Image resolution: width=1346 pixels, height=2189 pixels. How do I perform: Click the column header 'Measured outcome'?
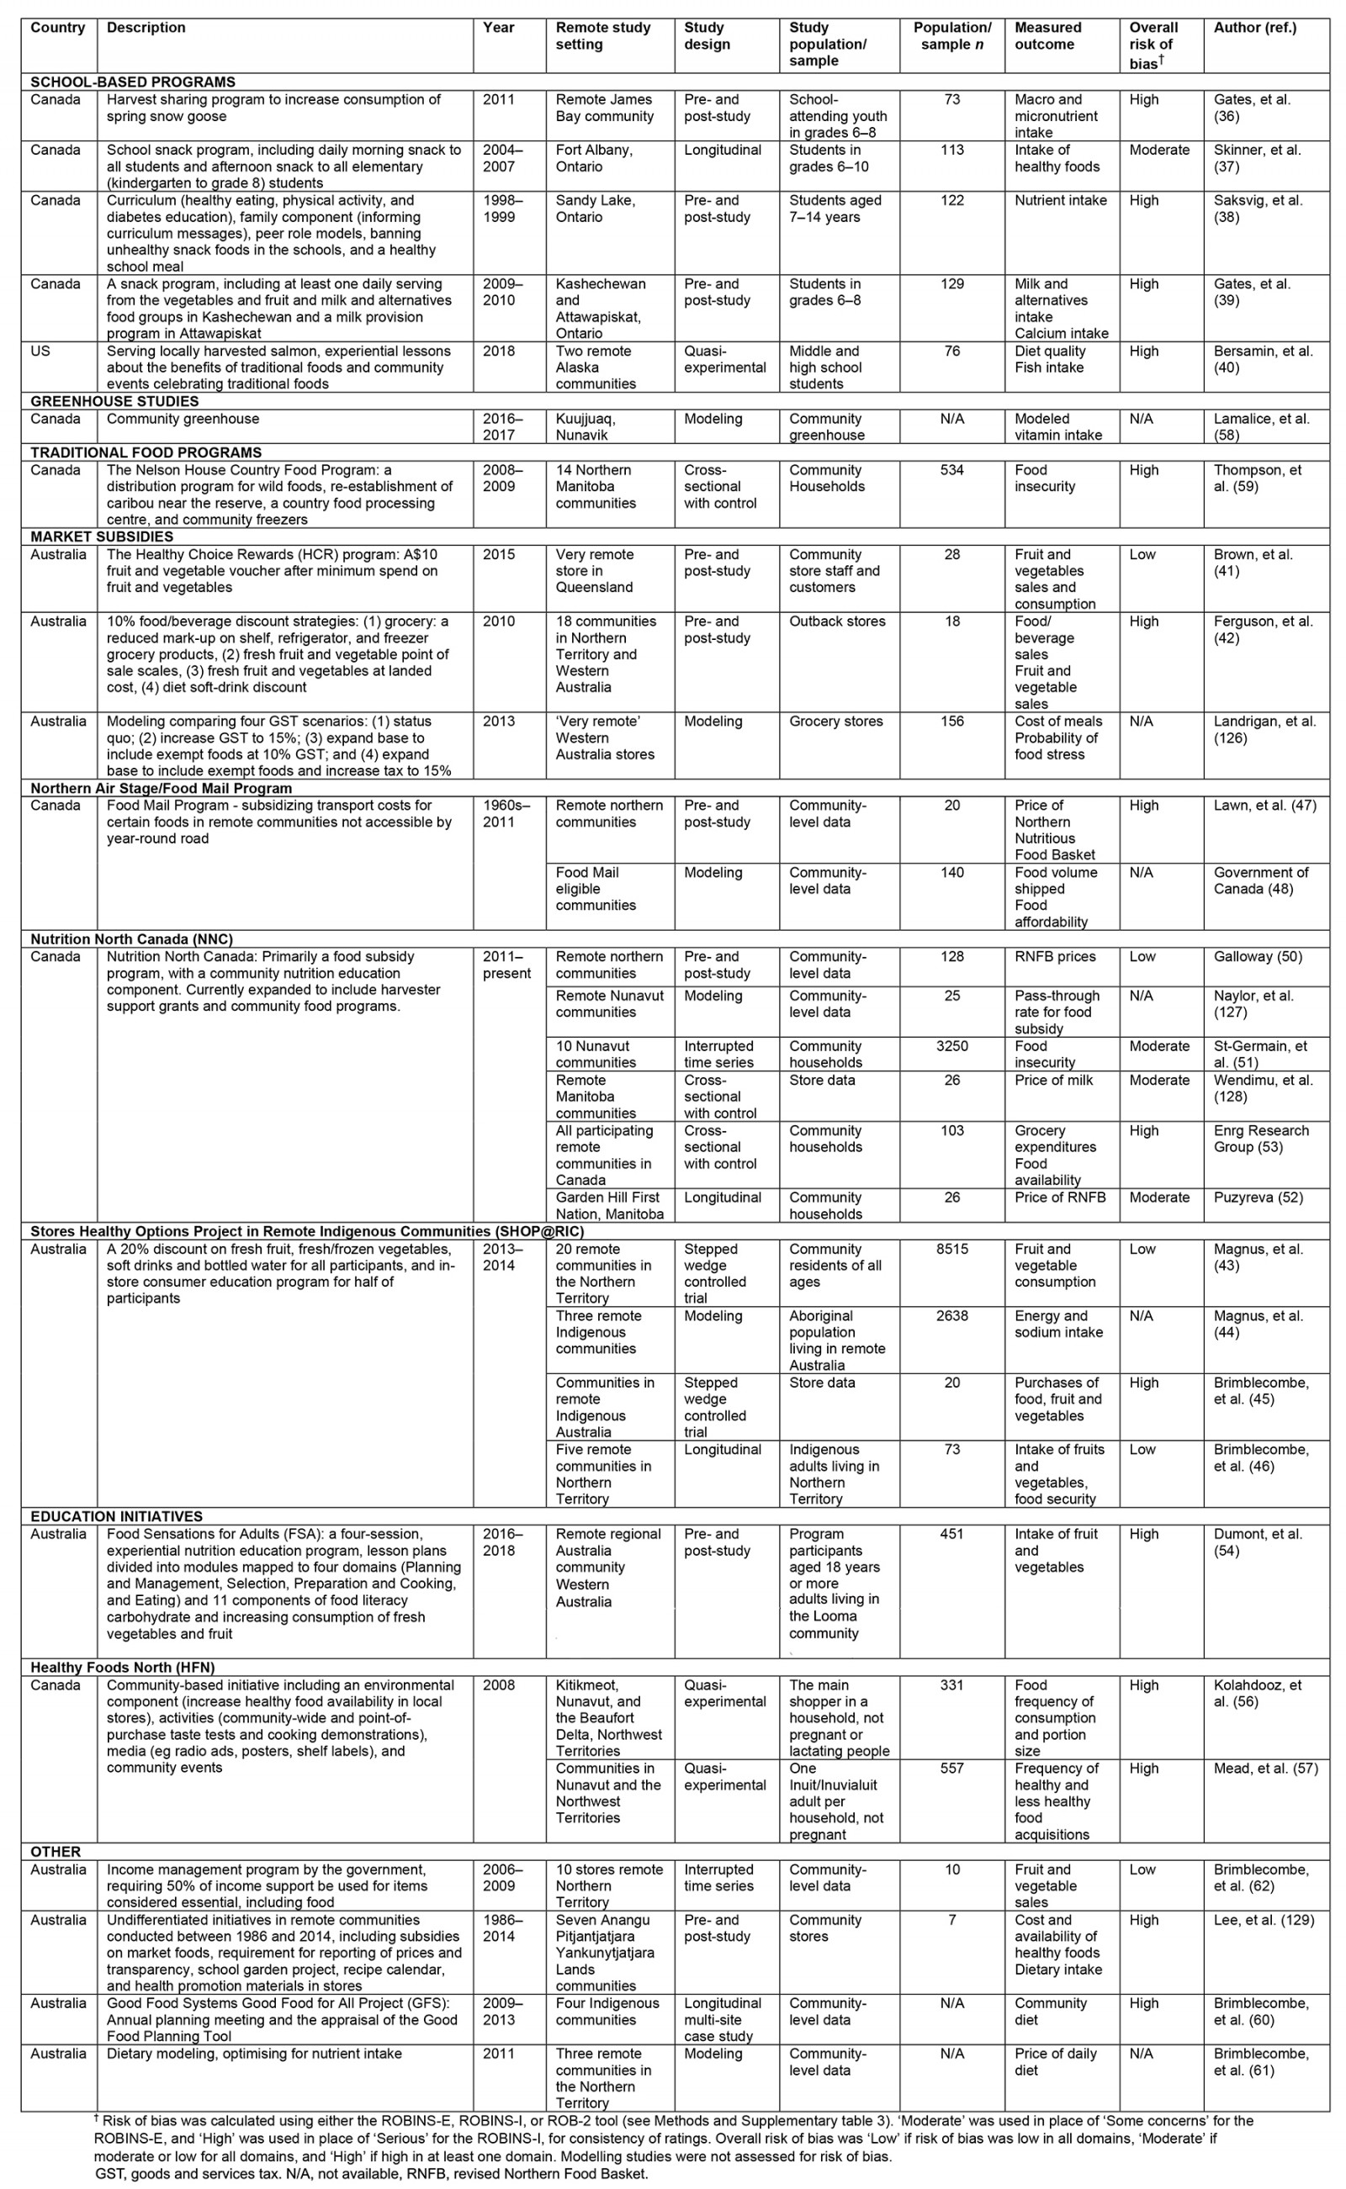(1048, 35)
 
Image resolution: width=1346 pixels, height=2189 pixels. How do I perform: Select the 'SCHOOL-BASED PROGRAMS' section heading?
(133, 82)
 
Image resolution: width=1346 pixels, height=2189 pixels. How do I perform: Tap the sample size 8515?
(951, 1250)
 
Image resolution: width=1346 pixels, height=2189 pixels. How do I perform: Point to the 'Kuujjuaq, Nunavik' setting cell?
(586, 427)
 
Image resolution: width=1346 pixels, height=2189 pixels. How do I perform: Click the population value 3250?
(951, 1046)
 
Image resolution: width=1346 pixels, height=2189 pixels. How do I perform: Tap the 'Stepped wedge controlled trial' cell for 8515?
(715, 1273)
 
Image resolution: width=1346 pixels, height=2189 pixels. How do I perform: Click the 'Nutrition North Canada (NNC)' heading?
(131, 939)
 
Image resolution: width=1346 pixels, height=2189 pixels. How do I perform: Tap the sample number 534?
(951, 470)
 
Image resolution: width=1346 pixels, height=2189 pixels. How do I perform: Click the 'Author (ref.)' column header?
(1254, 28)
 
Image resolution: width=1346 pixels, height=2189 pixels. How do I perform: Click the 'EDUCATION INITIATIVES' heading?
(116, 1516)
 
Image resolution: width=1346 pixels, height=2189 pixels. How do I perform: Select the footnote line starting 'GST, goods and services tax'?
(371, 2174)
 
